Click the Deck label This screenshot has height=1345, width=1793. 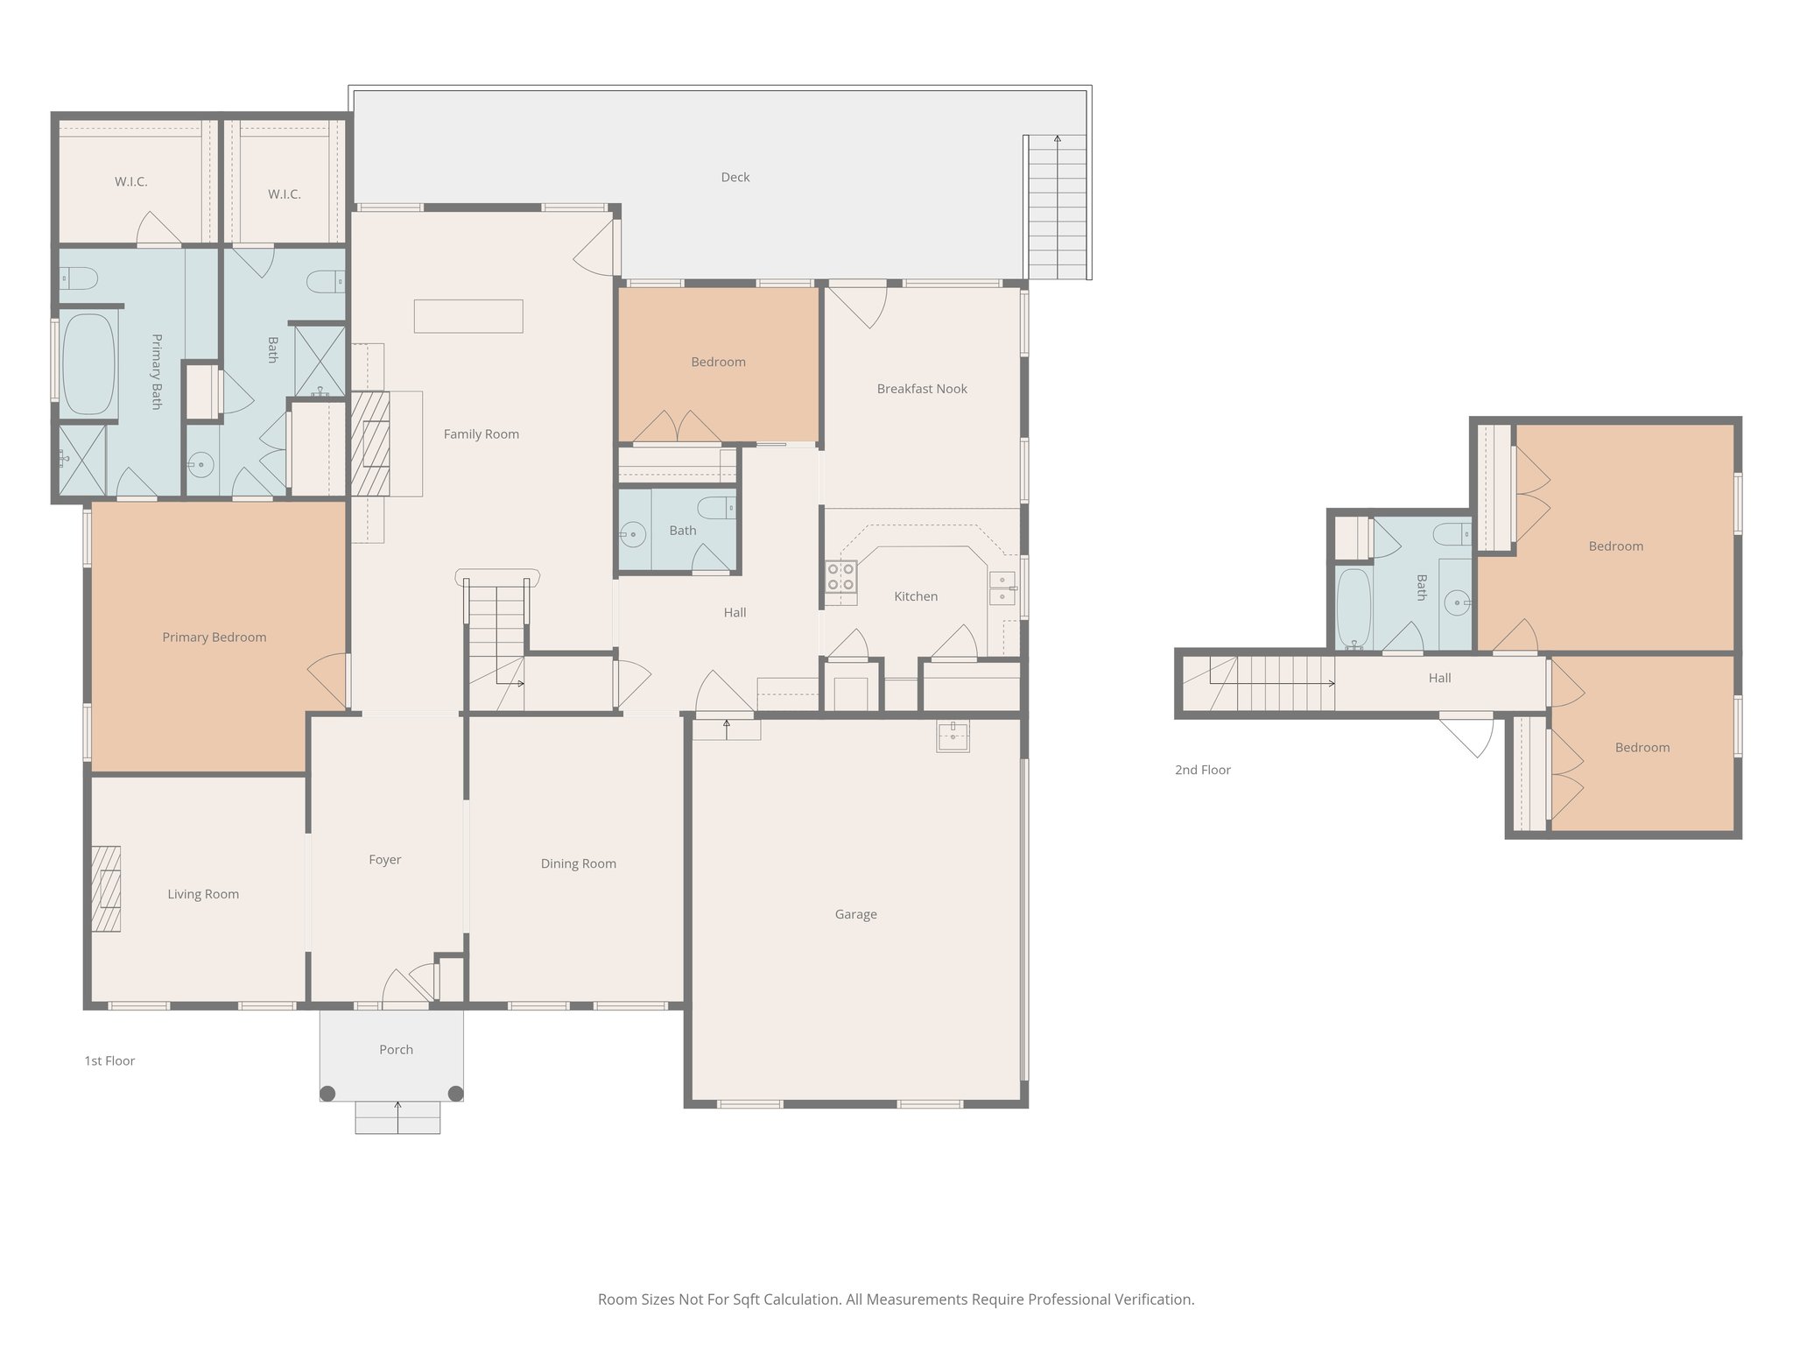coord(735,177)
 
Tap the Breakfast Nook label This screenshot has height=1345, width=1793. coord(921,389)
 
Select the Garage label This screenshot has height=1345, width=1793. coord(855,914)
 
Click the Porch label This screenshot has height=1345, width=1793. coord(396,1049)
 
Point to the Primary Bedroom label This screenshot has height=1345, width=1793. coord(214,637)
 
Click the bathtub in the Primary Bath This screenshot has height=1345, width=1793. coord(88,364)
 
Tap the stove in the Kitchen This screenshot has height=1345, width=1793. coord(841,577)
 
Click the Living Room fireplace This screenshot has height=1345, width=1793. coord(106,889)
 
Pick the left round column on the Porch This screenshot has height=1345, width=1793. coord(327,1093)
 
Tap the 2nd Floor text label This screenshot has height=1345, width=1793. coord(1202,771)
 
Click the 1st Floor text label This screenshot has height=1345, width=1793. coord(109,1061)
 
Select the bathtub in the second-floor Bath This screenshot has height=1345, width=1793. coord(1353,608)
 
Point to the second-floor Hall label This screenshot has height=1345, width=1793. coord(1439,678)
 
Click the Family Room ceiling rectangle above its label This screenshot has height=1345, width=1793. coord(468,316)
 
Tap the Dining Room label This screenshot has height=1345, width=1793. coord(578,864)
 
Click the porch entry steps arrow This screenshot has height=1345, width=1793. coord(397,1117)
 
